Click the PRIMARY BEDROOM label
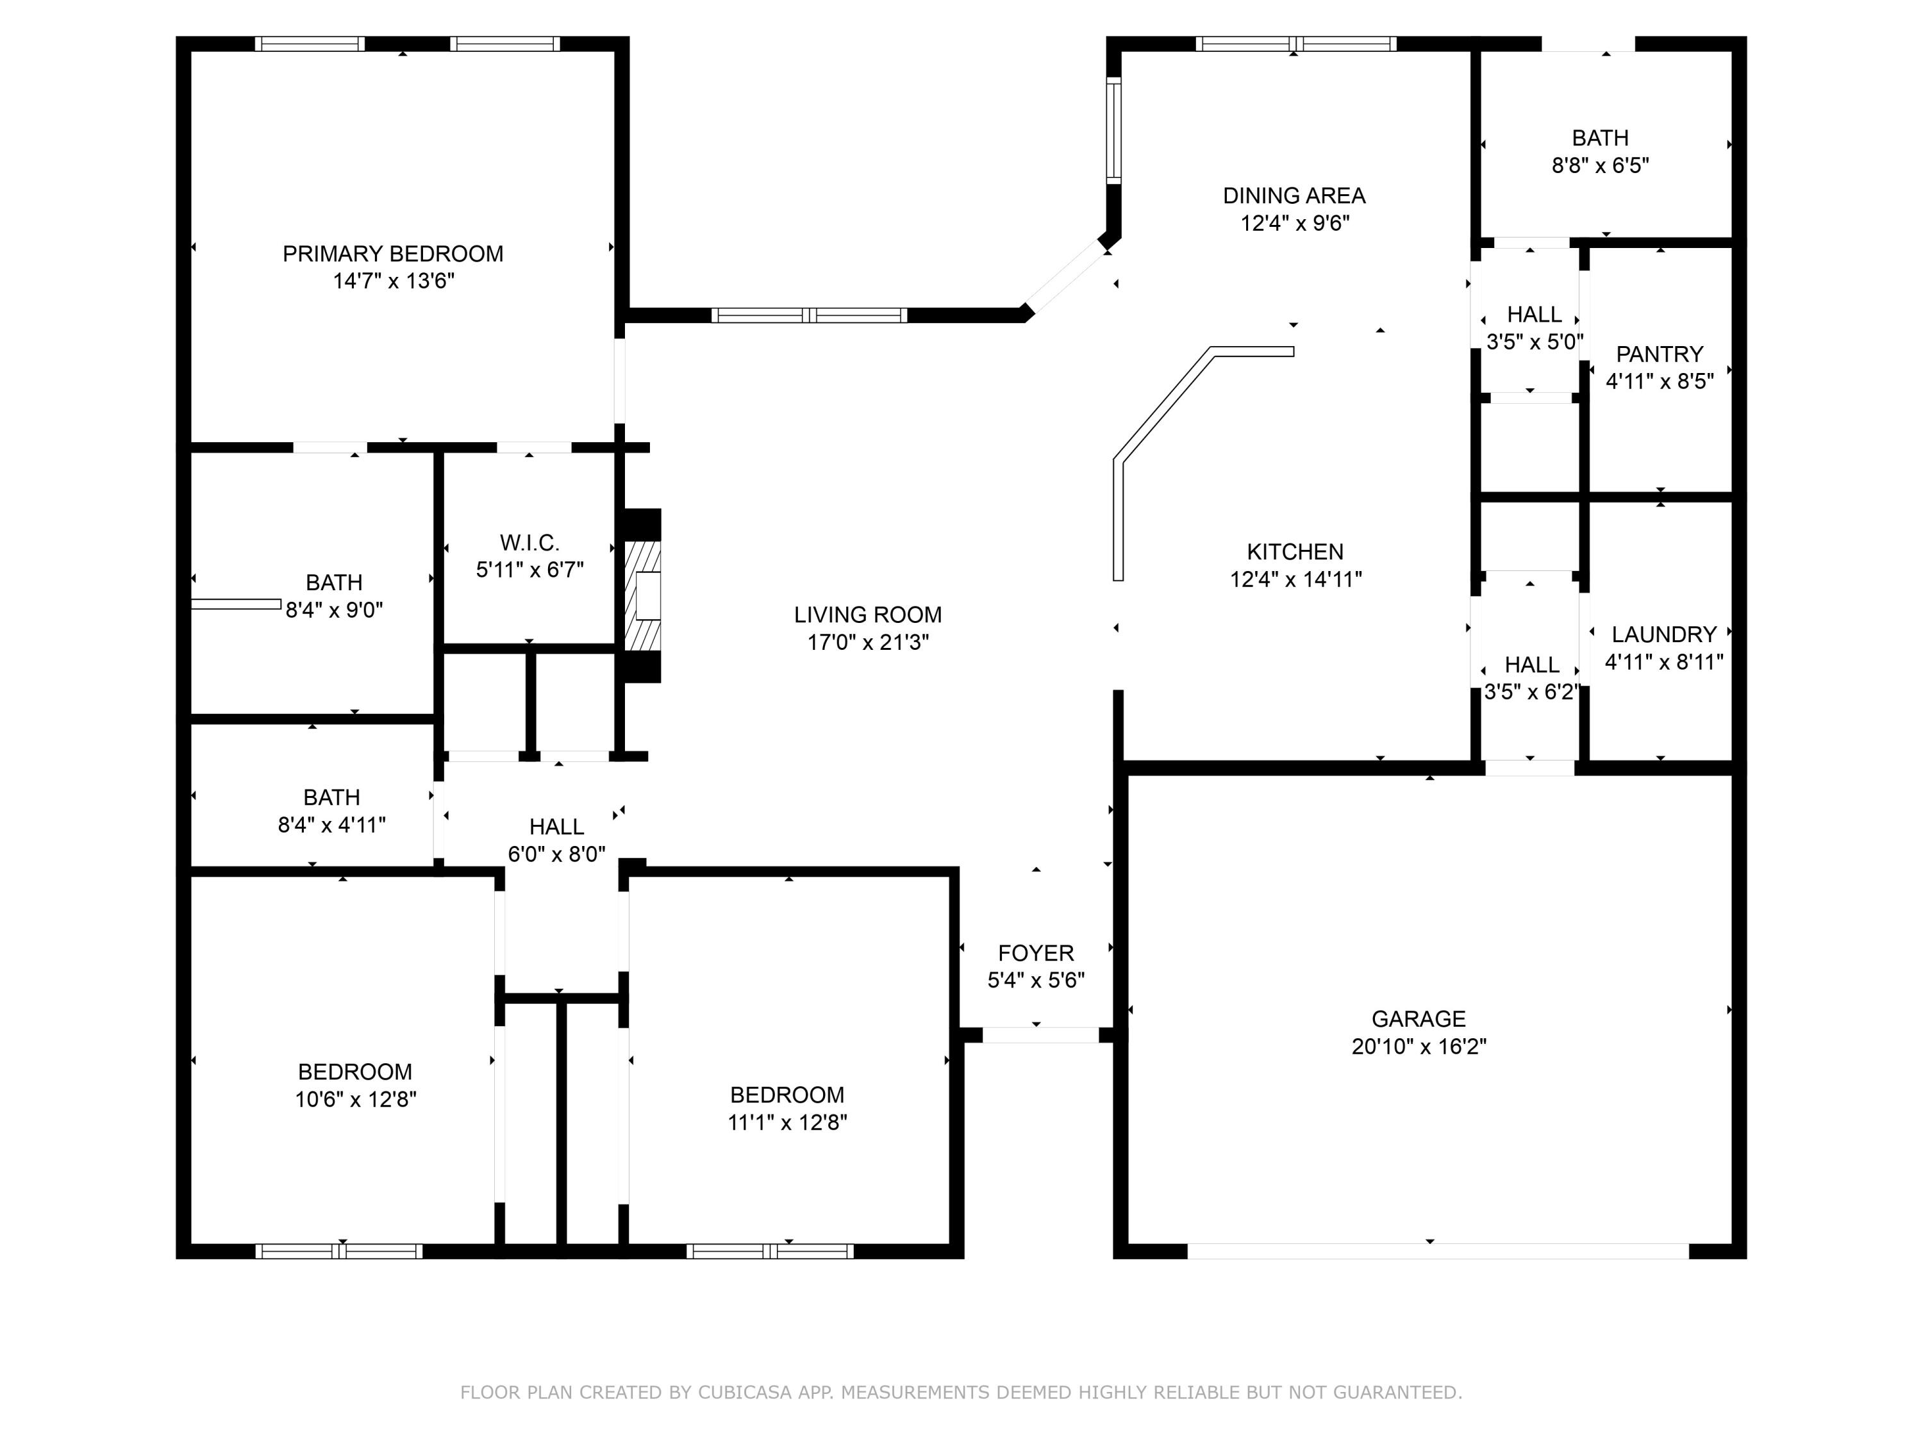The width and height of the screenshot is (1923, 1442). (x=393, y=254)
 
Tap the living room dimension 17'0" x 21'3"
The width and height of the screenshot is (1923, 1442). (x=868, y=642)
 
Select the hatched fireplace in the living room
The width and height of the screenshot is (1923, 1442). (x=642, y=595)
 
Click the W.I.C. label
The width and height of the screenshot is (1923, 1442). (x=529, y=543)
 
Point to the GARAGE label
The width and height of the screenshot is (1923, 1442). (x=1419, y=1019)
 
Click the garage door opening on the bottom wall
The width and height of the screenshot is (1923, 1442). (x=1438, y=1251)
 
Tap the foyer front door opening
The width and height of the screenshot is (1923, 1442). (x=1040, y=1035)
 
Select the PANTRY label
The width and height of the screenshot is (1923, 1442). (x=1660, y=354)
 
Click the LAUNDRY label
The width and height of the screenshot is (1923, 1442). (x=1664, y=634)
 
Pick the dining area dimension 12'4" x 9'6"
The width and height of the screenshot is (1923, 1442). (x=1294, y=224)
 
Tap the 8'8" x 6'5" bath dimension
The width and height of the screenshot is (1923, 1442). (x=1601, y=165)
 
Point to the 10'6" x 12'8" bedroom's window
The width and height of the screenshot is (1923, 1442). (x=339, y=1252)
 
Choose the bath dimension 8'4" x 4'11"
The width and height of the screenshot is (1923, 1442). (x=331, y=825)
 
